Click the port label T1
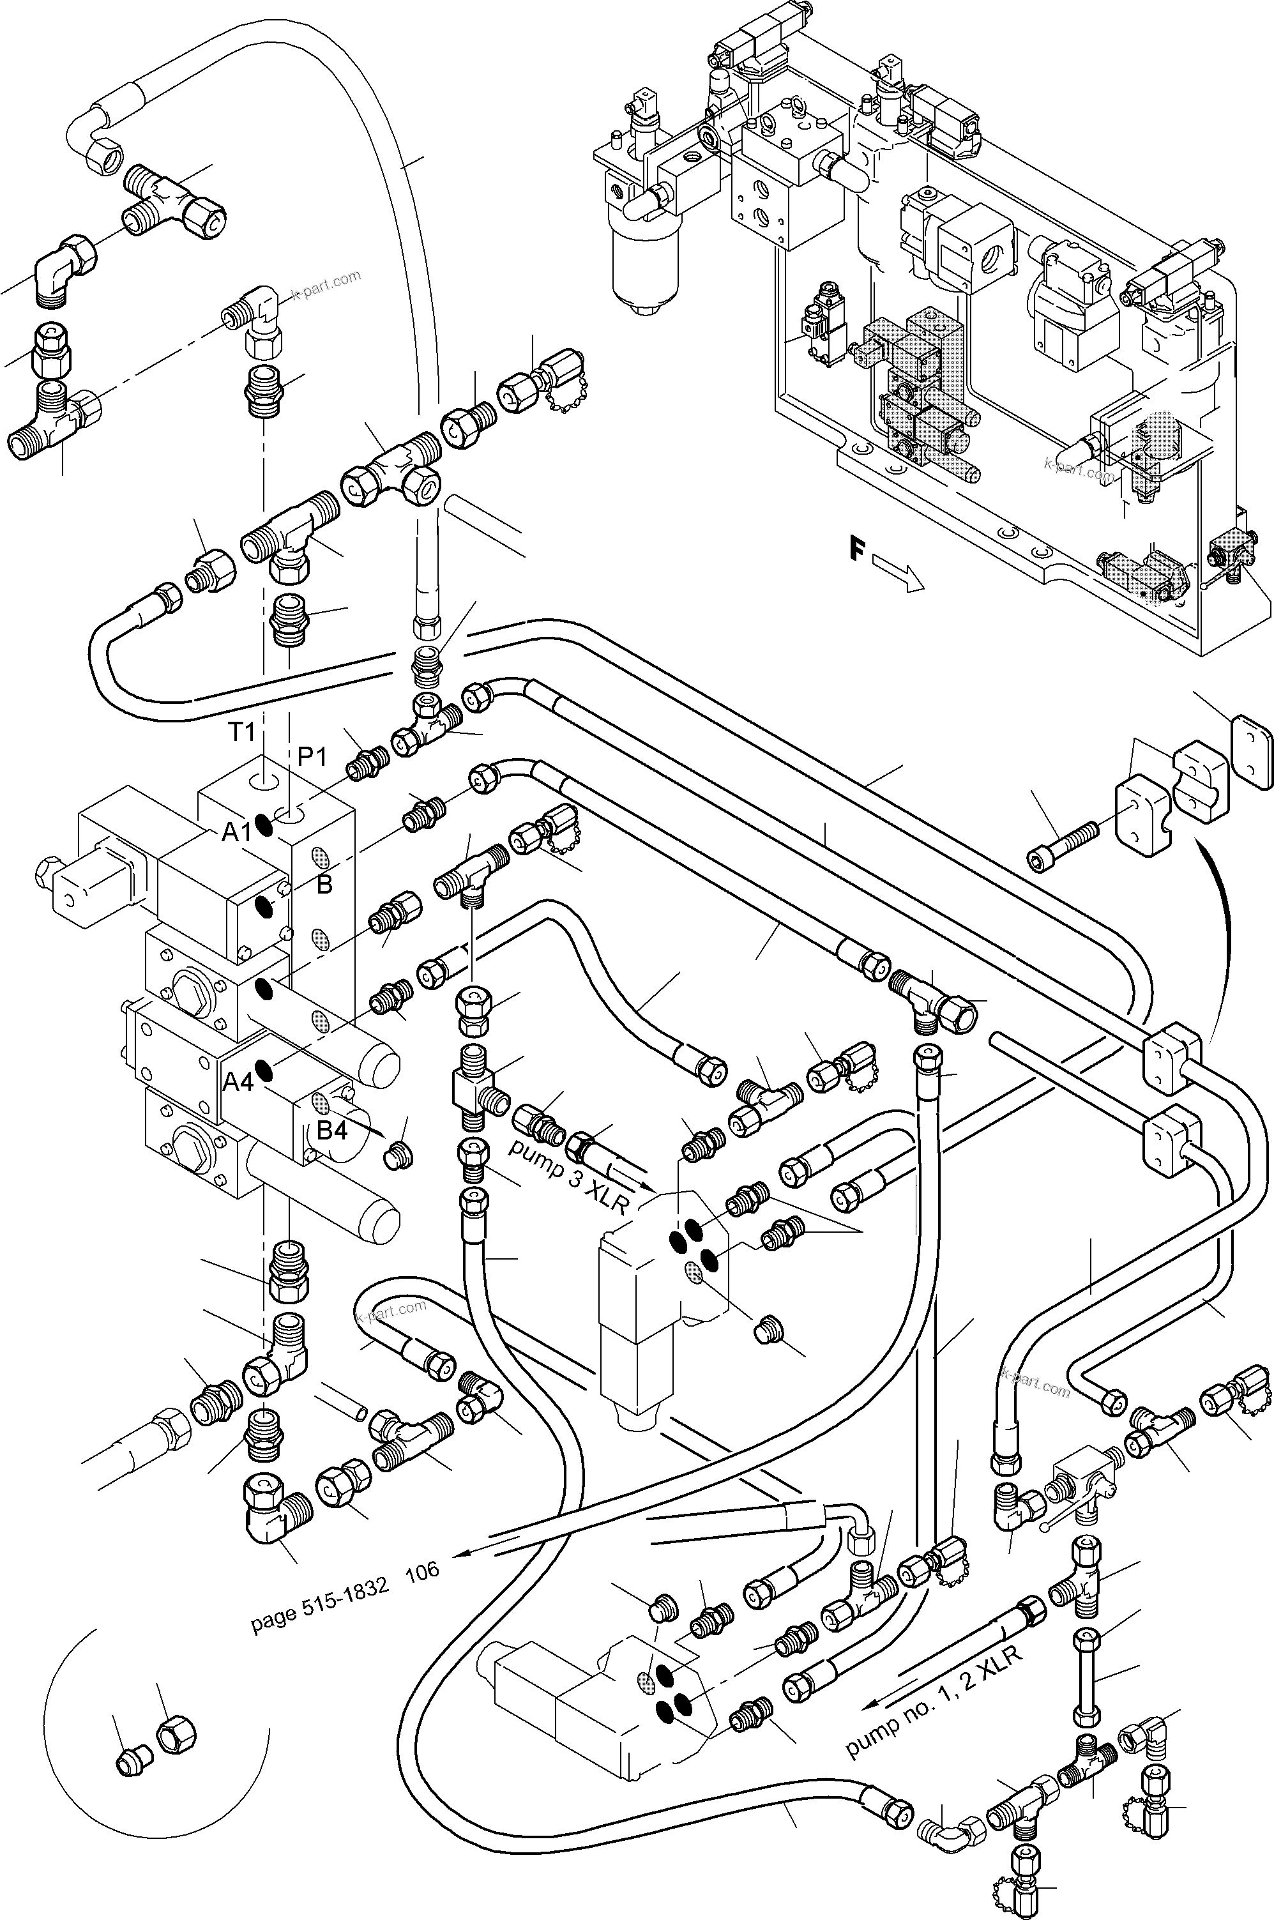pyautogui.click(x=241, y=732)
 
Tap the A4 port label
pyautogui.click(x=239, y=1081)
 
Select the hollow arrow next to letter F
pyautogui.click(x=899, y=574)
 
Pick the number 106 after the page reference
pyautogui.click(x=423, y=1571)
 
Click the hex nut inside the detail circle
pyautogui.click(x=176, y=1737)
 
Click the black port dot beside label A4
pyautogui.click(x=263, y=1071)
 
